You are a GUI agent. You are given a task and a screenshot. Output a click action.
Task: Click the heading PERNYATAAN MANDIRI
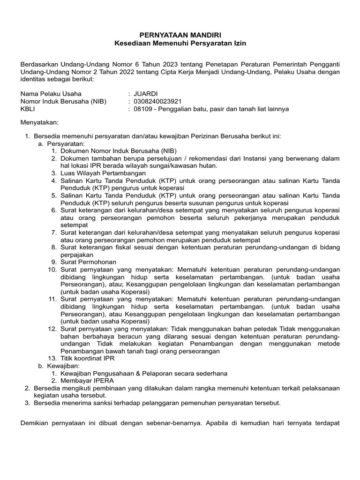(180, 35)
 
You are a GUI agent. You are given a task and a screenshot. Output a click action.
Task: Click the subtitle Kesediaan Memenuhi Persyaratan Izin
(180, 43)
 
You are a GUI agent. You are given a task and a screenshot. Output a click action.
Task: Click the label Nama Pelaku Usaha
(51, 93)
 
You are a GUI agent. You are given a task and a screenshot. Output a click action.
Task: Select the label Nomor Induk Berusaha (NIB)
(63, 101)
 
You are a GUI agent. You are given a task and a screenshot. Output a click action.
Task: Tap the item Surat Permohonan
(88, 262)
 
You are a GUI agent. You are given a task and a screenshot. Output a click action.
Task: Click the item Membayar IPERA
(84, 381)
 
